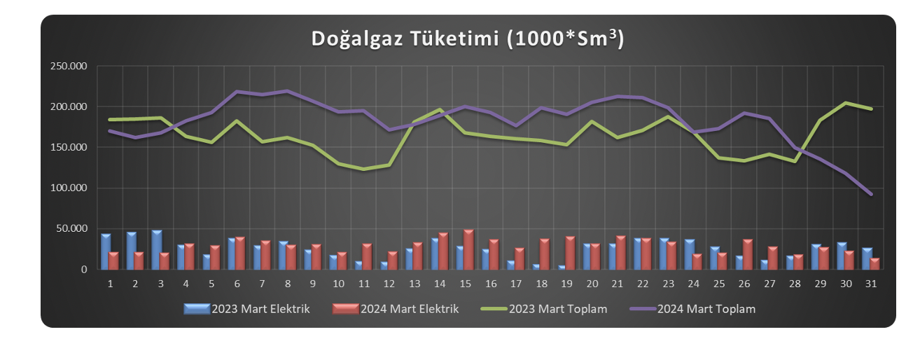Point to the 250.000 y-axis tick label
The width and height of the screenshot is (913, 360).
[68, 67]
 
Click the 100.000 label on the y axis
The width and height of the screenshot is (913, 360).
[68, 188]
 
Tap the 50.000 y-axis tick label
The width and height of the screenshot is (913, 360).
[71, 228]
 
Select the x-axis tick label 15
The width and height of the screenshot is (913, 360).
[466, 283]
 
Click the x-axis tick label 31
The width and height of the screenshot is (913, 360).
[872, 283]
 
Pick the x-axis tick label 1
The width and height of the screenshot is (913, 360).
[111, 283]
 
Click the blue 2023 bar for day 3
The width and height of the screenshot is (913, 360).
[157, 250]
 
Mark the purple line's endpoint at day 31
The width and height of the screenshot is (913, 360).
[871, 194]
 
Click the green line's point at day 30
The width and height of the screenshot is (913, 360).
[846, 103]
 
